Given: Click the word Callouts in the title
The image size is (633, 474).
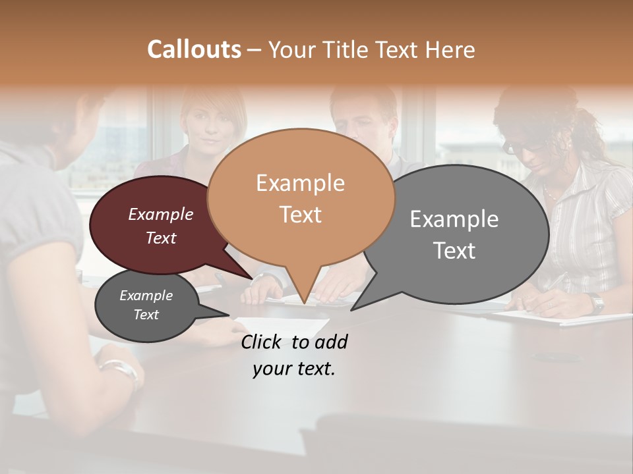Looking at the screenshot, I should coord(194,49).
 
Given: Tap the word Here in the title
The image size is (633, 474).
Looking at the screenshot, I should coord(450,49).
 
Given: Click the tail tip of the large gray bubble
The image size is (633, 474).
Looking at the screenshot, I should coord(352,309).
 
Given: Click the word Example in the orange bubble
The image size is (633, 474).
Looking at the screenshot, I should coord(301,183).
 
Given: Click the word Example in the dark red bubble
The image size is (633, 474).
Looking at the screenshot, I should coord(161,215).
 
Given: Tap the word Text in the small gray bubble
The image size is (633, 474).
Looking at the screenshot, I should coord(146,315).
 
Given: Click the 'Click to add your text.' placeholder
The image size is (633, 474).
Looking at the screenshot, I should coord(294,355).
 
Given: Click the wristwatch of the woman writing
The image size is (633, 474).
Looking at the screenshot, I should coord(597,303).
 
